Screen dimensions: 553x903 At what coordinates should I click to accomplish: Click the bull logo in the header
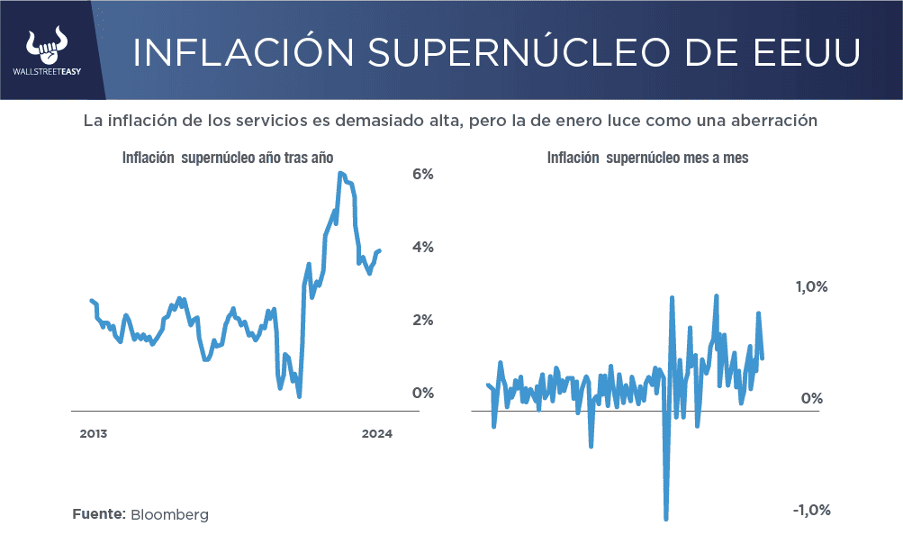(49, 44)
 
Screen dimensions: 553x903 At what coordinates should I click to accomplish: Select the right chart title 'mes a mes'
(711, 158)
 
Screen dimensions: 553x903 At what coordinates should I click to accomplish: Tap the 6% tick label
(423, 174)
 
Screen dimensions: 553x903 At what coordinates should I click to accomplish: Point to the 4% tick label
(423, 247)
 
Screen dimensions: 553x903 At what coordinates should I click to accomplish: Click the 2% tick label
(423, 320)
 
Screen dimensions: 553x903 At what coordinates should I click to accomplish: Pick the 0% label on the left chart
(423, 393)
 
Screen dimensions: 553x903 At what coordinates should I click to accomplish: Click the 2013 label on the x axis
(94, 433)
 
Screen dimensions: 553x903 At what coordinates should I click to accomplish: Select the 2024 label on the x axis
(377, 433)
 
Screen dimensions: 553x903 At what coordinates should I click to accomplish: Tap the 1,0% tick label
(810, 287)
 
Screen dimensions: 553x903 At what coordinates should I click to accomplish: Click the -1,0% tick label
(810, 511)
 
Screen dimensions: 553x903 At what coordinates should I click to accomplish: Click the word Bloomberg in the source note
(169, 514)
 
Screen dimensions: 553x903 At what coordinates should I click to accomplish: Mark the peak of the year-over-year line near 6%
(340, 173)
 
